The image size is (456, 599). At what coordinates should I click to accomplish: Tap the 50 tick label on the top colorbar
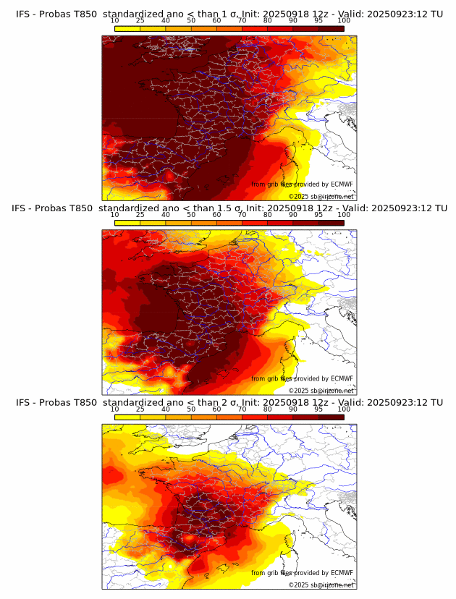click(191, 21)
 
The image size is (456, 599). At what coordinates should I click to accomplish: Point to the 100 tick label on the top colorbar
click(344, 21)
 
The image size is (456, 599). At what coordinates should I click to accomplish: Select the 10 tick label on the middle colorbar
click(114, 215)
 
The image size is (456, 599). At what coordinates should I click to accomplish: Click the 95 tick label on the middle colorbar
click(318, 215)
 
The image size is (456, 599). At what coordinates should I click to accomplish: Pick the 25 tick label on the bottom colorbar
click(140, 409)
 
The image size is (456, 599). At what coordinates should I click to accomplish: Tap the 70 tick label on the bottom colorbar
click(242, 409)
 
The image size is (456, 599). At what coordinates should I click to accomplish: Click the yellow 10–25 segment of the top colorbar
click(127, 28)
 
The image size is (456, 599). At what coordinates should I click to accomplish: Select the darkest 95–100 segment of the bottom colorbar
click(331, 417)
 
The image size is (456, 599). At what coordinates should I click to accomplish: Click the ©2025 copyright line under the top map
click(321, 197)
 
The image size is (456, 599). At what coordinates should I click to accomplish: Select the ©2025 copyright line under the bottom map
click(321, 585)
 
